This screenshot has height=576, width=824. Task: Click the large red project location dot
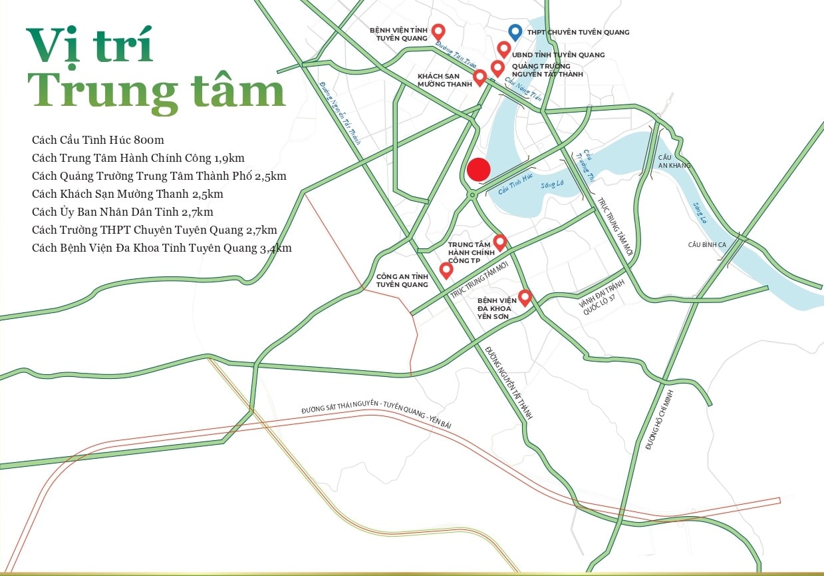[x=478, y=170]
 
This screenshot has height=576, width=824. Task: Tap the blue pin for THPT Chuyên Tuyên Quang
[x=514, y=31]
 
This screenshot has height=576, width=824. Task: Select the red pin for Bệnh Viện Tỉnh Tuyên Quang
[x=438, y=31]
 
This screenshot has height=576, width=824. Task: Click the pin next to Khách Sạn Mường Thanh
[x=480, y=78]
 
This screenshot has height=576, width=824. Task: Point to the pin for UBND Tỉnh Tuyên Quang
[x=504, y=49]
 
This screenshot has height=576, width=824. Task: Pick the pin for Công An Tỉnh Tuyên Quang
[x=446, y=270]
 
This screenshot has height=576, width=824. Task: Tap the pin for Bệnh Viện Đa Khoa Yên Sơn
[x=525, y=297]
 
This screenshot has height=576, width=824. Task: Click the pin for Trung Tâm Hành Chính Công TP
[x=499, y=242]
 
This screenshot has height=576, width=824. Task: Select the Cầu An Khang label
[x=674, y=161]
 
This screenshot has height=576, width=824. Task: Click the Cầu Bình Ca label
[x=706, y=245]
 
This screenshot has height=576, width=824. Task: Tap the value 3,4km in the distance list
[x=275, y=248]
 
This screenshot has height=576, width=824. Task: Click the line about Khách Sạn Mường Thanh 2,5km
[x=127, y=194]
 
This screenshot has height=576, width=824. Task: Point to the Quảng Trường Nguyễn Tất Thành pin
[x=497, y=67]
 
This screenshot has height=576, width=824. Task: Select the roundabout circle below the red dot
[x=472, y=194]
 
